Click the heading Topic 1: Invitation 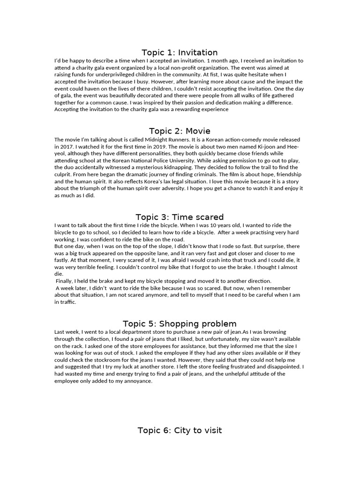pos(180,52)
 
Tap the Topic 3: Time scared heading pos(180,217)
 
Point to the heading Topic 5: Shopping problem pos(180,324)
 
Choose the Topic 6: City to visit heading pos(180,430)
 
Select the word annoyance pos(136,381)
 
